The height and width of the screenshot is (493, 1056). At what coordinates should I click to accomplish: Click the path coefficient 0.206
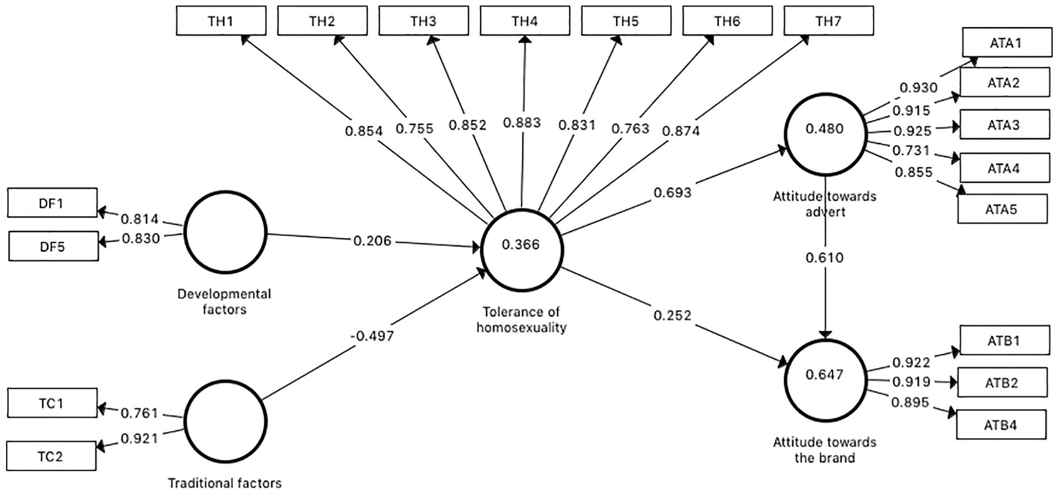point(372,241)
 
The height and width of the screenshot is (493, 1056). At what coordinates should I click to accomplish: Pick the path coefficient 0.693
point(672,193)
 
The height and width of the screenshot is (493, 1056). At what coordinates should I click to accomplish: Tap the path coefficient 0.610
point(825,258)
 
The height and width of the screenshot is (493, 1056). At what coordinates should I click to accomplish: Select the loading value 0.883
point(522,122)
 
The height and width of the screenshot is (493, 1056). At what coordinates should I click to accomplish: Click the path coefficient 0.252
point(672,315)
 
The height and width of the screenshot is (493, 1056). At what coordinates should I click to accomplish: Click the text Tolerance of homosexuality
point(522,320)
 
